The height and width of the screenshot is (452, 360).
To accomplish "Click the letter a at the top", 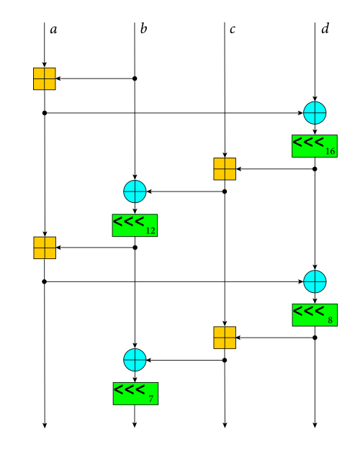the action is coord(53,30).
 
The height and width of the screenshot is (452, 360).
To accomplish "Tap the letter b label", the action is coord(143,29).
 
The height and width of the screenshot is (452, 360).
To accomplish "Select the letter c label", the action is coord(233,30).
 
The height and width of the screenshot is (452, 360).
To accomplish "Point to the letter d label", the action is coord(325,29).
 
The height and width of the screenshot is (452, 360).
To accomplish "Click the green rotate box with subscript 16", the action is coord(315,146).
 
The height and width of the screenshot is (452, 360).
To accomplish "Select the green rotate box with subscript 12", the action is coord(135,225).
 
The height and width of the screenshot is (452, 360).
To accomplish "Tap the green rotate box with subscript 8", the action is coord(315,315).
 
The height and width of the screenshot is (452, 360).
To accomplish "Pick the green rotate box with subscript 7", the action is coord(135,394).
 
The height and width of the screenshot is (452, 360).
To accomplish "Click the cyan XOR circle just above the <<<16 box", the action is coord(315,113).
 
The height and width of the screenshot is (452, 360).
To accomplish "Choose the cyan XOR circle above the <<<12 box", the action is coord(135,191).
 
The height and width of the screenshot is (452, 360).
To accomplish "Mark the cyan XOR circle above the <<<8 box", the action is coord(315,281).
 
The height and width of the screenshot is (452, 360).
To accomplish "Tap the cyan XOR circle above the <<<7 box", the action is coord(135,360).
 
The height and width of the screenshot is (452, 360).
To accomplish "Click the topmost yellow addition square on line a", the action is coord(45,79).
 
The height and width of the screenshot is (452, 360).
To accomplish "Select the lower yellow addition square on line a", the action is coord(45,248).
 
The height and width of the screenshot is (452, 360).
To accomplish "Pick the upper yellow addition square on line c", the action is coord(225,169).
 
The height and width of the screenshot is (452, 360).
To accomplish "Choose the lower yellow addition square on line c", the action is coord(225,338).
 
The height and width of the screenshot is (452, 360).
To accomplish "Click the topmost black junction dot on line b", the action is coord(135,78).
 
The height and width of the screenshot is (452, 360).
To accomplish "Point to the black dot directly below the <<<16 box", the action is coord(315,169).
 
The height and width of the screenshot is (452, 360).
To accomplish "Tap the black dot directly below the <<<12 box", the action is coord(135,248).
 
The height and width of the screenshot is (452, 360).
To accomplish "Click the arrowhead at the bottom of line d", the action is coord(315,425).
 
